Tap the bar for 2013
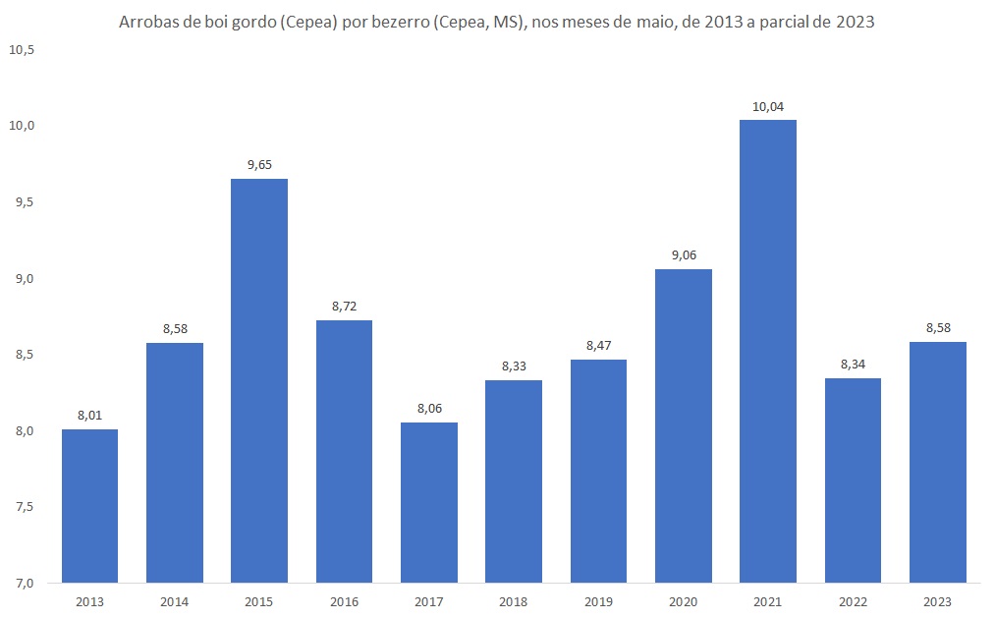pos(89,506)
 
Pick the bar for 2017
pos(429,502)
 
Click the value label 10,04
pos(768,106)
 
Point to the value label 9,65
pos(259,165)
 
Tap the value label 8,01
pos(89,416)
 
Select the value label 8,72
pos(344,307)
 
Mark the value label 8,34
pos(854,365)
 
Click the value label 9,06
pos(683,255)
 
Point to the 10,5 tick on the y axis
pos(22,49)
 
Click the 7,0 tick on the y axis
pos(25,583)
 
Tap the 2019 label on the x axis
pos(598,600)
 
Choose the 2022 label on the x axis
pos(854,600)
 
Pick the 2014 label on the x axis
pos(174,600)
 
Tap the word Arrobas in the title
pos(147,22)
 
